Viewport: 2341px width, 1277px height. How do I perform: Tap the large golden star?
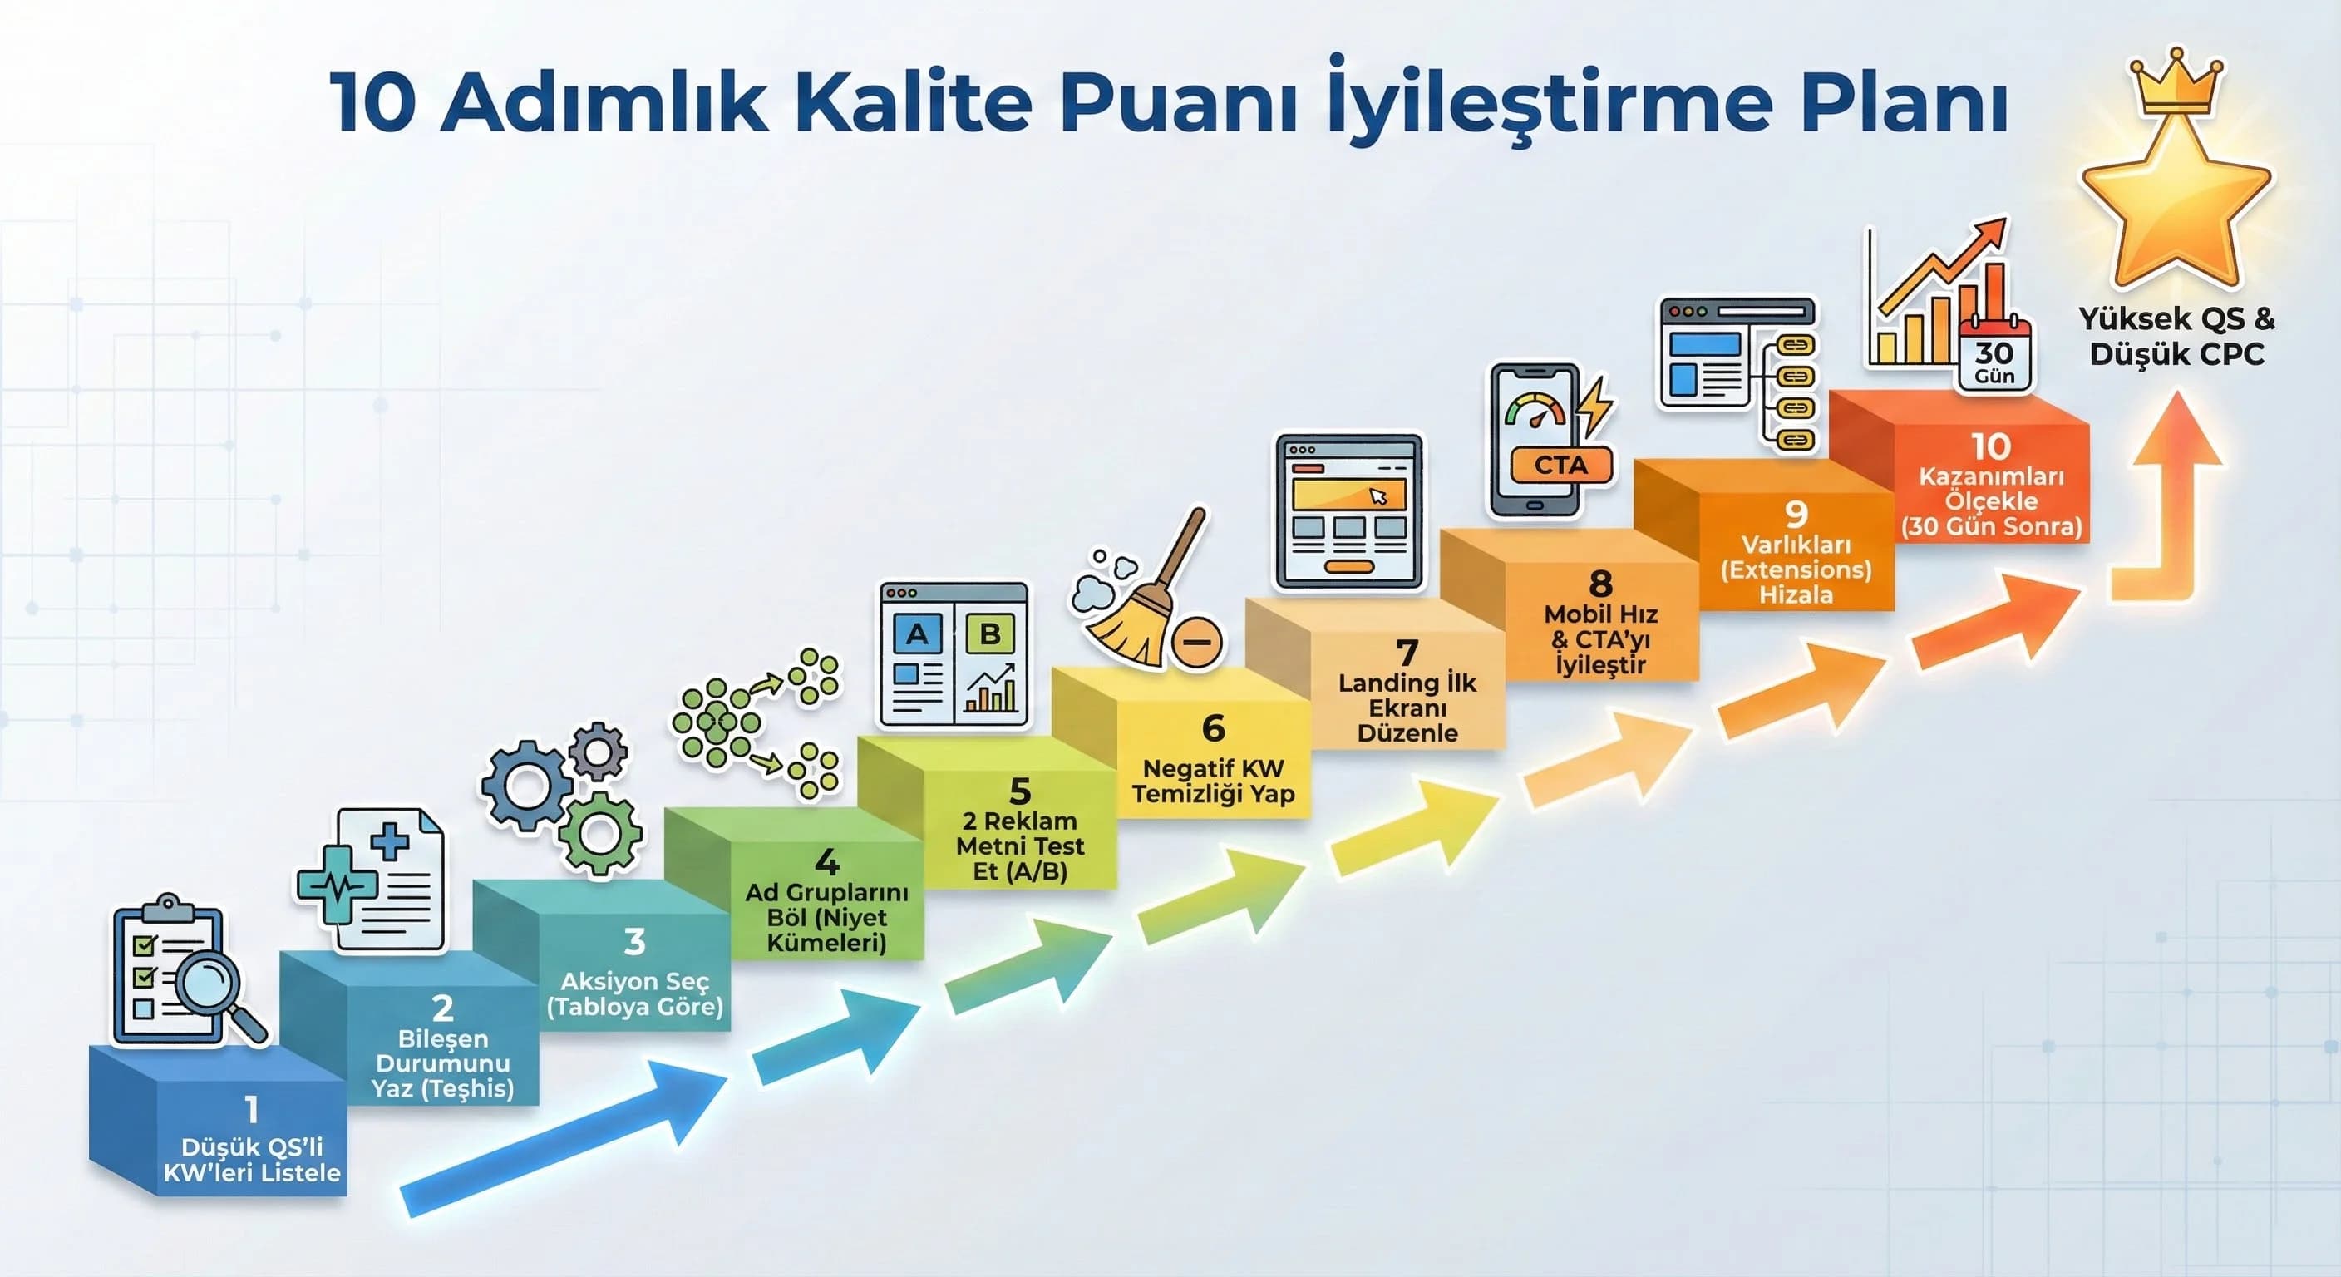[x=2176, y=205]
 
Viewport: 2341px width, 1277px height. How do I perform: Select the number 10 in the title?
[x=373, y=103]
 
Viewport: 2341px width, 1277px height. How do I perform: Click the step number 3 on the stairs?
[x=634, y=942]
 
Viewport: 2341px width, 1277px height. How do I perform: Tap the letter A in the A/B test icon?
[x=917, y=634]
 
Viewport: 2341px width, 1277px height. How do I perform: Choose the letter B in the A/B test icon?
[x=989, y=634]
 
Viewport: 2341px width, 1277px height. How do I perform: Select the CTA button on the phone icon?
[x=1560, y=466]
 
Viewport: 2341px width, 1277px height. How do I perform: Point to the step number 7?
[x=1407, y=652]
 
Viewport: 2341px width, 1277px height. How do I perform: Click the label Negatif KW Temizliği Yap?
[x=1212, y=781]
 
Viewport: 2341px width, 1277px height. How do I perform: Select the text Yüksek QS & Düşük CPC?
[x=2176, y=336]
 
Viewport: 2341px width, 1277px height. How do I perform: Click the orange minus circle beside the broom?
[x=1197, y=642]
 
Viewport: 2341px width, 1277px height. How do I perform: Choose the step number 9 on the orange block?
[x=1796, y=514]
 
